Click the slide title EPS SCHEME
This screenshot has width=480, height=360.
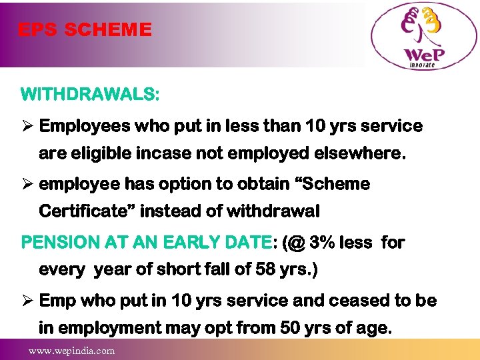(x=85, y=30)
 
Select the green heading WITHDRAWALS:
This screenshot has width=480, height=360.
(x=90, y=94)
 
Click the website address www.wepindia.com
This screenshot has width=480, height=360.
(x=71, y=351)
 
